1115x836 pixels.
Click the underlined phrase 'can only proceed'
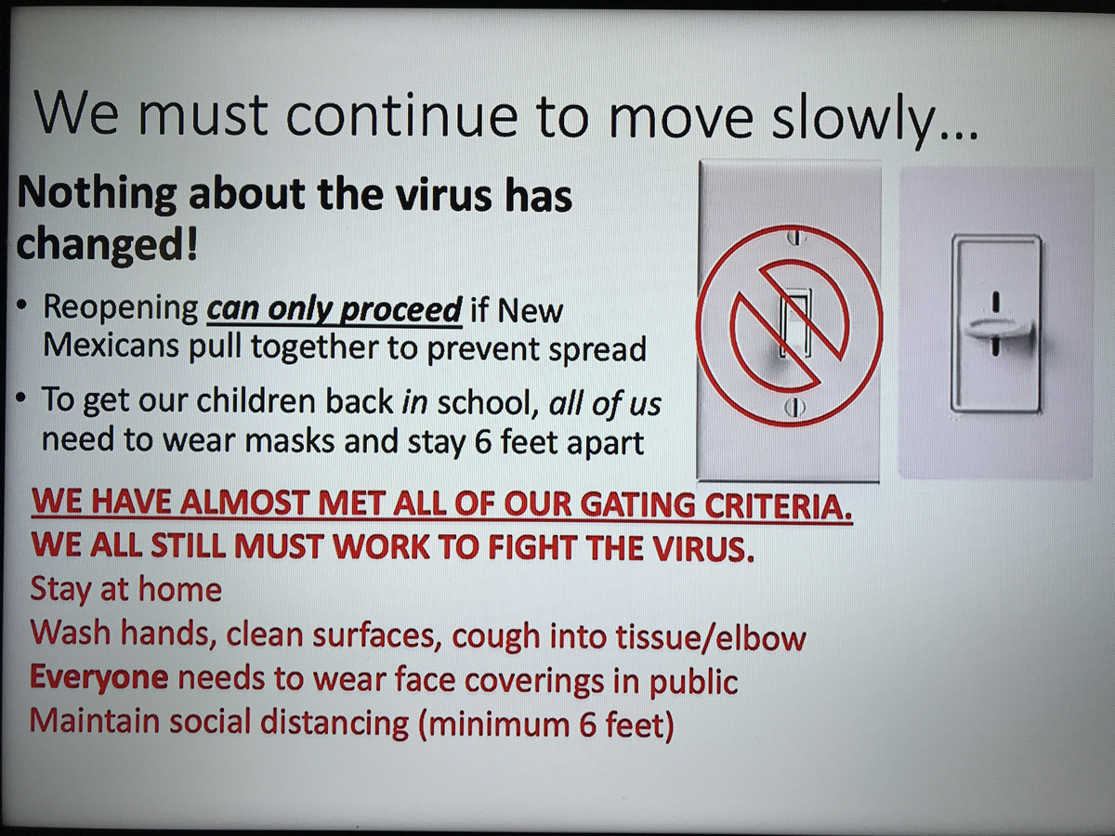point(334,309)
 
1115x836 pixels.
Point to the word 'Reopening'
point(121,308)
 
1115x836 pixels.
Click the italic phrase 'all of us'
point(605,403)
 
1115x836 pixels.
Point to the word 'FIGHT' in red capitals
point(531,547)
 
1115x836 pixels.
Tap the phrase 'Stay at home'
point(126,589)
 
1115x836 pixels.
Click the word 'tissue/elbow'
point(711,637)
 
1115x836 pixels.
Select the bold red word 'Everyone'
point(99,678)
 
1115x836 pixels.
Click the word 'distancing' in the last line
point(334,723)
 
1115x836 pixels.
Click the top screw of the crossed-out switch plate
point(796,237)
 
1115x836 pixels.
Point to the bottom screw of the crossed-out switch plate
point(794,406)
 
